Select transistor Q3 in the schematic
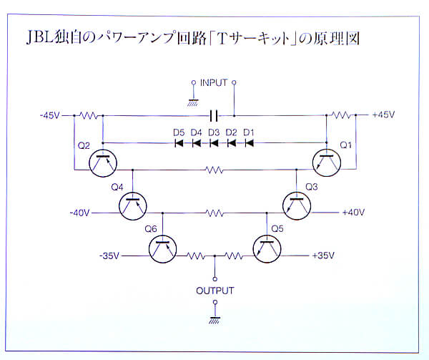(297, 204)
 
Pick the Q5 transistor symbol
(268, 248)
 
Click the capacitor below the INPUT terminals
(214, 115)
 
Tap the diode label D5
(179, 132)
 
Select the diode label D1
(249, 132)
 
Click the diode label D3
(214, 132)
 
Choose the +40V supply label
(353, 213)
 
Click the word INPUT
(214, 83)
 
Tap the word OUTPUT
(214, 291)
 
